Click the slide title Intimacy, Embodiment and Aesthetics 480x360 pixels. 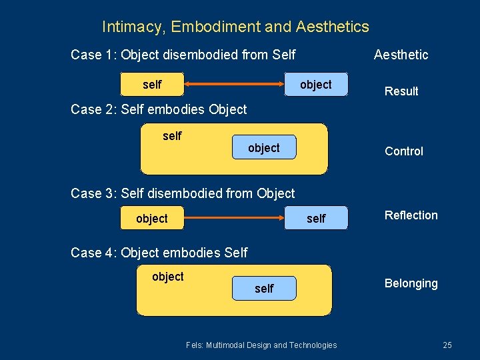point(235,27)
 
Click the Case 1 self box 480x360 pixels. point(152,85)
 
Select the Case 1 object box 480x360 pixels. point(315,85)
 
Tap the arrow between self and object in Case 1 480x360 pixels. point(234,85)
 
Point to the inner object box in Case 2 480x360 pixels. point(264,148)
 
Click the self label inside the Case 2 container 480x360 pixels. point(172,136)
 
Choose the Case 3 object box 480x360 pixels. point(152,219)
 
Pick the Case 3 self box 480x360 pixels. point(315,219)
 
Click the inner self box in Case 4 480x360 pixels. point(264,289)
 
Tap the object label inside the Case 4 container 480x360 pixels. point(168,277)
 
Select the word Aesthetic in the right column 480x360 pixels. point(401,55)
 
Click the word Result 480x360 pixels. point(401,91)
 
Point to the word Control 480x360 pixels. point(404,151)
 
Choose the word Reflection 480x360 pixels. point(411,215)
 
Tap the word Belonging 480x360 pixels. point(411,283)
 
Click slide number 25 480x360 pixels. point(447,345)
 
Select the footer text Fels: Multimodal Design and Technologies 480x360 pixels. point(261,345)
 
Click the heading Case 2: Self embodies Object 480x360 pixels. point(159,109)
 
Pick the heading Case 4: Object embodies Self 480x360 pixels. point(159,253)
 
